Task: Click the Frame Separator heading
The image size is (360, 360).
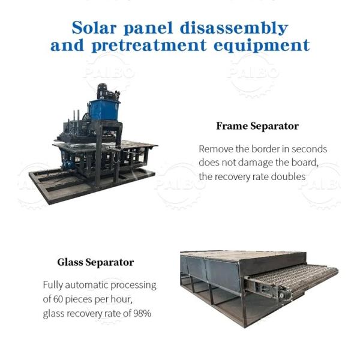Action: (257, 126)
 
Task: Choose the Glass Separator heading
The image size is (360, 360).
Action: (95, 262)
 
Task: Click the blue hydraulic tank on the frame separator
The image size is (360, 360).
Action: (104, 110)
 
